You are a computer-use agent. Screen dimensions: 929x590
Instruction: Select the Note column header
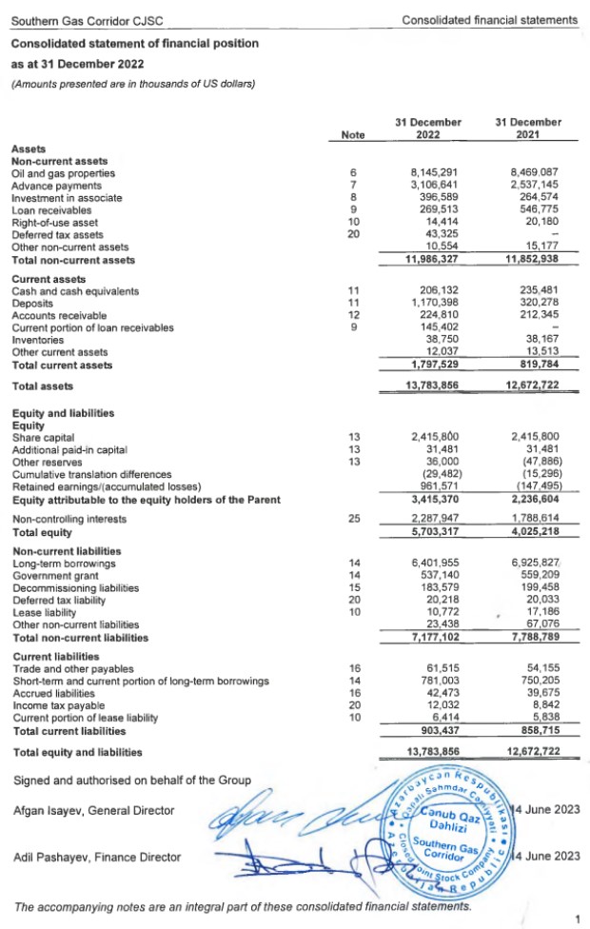(x=352, y=135)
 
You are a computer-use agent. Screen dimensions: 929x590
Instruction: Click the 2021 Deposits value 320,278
(x=534, y=304)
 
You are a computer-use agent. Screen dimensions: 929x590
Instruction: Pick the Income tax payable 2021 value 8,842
(x=541, y=706)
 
